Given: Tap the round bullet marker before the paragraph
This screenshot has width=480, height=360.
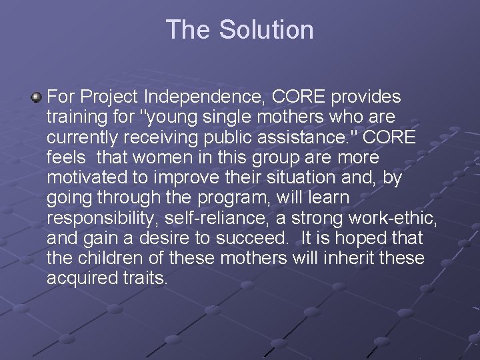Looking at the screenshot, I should click(x=36, y=98).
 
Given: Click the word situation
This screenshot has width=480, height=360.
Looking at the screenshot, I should click(x=292, y=177).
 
